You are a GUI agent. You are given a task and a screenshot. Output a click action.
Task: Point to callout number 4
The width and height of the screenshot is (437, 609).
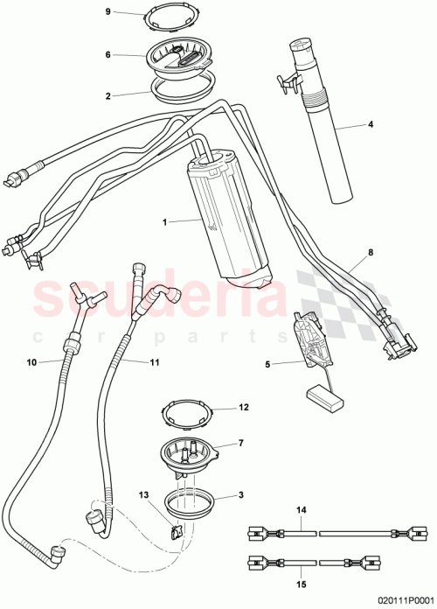[370, 125]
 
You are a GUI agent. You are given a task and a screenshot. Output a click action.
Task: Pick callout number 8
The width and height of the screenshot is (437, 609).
[370, 252]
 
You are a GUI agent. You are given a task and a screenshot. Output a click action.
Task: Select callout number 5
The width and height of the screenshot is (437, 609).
[268, 362]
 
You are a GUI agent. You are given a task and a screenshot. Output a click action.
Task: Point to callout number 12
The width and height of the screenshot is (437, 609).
[244, 407]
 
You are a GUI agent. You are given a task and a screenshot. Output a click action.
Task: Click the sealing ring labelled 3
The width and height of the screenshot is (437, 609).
[191, 503]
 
